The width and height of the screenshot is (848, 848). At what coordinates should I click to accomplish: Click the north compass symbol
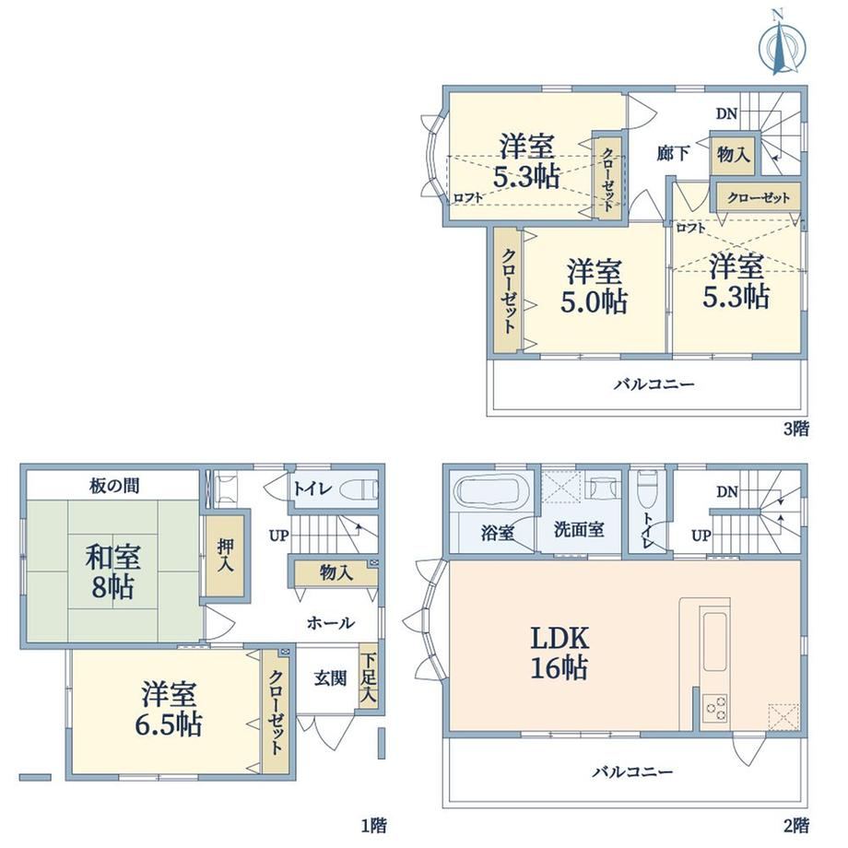[782, 44]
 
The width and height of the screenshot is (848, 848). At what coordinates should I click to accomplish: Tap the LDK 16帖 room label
[559, 654]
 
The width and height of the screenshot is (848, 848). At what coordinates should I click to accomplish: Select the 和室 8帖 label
[113, 571]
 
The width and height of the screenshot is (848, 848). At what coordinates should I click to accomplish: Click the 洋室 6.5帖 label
[169, 710]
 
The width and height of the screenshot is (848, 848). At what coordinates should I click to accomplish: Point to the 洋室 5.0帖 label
[594, 287]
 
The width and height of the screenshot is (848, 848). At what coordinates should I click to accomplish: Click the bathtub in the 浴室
[491, 492]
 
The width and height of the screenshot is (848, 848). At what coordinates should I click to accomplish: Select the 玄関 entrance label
[330, 678]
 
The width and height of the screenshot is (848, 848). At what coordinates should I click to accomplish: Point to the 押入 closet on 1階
[225, 556]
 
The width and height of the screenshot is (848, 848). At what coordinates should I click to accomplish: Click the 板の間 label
[114, 486]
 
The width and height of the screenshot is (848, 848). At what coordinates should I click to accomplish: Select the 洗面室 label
[579, 529]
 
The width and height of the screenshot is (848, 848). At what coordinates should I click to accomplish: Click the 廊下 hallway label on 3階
[673, 153]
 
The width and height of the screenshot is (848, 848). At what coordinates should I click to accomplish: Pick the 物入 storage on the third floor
[733, 155]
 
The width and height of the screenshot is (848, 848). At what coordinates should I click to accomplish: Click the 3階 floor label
[796, 429]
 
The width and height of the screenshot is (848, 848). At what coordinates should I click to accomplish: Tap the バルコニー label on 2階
[632, 771]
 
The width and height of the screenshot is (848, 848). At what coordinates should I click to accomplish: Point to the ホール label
[330, 623]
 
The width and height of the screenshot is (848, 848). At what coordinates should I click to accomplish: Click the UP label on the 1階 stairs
[278, 536]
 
